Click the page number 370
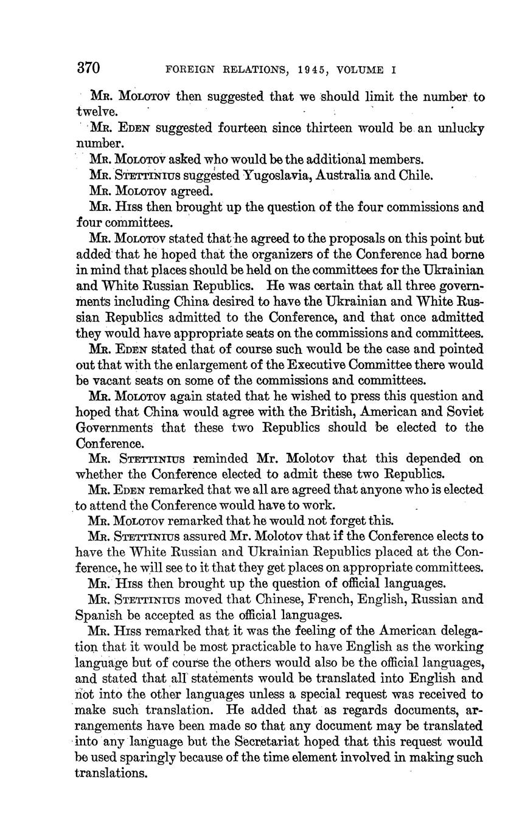[89, 67]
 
